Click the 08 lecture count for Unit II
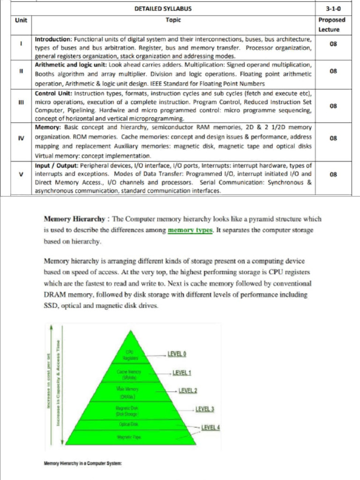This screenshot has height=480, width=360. click(x=333, y=71)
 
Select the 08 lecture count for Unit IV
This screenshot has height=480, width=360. click(x=333, y=138)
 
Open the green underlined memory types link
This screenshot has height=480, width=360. click(x=190, y=230)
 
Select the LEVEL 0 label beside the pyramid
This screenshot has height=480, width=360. click(x=178, y=352)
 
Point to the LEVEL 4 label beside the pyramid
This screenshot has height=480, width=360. click(x=211, y=427)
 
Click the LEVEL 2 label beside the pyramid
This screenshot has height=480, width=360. click(x=187, y=390)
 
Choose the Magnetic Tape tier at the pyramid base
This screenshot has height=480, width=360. click(x=130, y=437)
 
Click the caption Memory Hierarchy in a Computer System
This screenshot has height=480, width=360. click(x=83, y=463)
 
